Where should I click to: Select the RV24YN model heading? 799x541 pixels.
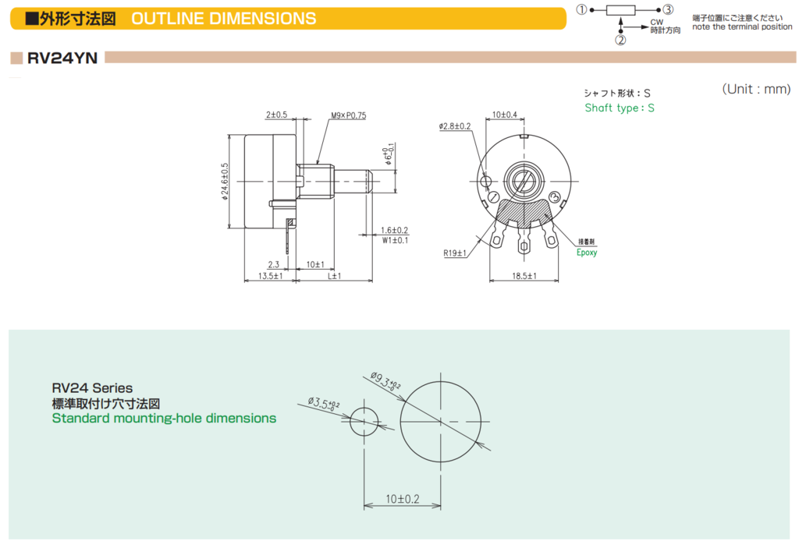[x=62, y=58]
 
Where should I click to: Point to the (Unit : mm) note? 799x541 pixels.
[x=756, y=89]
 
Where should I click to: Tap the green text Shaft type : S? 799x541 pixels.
[x=620, y=108]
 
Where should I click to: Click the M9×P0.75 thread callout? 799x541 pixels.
[x=348, y=115]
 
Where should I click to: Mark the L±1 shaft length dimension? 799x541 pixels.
[x=335, y=276]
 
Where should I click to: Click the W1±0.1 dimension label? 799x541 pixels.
[x=395, y=240]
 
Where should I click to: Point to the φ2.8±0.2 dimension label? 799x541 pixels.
[x=455, y=126]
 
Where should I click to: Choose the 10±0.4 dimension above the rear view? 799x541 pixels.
[x=505, y=115]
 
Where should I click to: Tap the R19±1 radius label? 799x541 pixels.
[x=454, y=253]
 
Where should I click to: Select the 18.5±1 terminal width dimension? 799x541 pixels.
[x=524, y=276]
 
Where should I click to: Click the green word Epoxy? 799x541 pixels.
[x=587, y=253]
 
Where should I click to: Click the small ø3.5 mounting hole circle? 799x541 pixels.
[x=364, y=422]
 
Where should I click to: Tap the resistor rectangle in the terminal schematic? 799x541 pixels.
[x=622, y=10]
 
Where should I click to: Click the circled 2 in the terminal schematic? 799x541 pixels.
[x=620, y=41]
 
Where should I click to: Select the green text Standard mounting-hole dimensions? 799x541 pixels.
[x=164, y=419]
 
